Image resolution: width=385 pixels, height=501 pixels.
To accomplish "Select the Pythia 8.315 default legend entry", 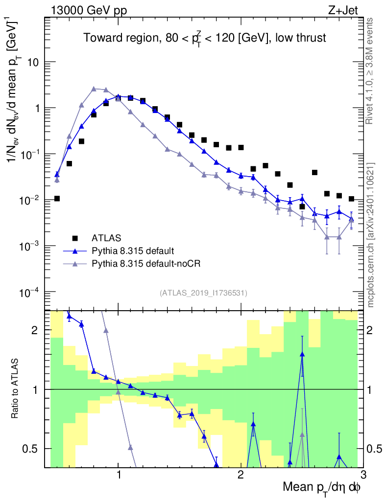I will [132, 251].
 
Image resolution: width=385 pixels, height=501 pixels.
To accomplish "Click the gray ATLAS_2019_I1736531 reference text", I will [203, 293].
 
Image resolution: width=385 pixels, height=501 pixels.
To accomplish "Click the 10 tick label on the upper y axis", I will [34, 63].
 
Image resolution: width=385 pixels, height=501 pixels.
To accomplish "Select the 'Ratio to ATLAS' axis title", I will [16, 389].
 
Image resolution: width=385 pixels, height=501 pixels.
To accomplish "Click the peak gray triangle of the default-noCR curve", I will [94, 89].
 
